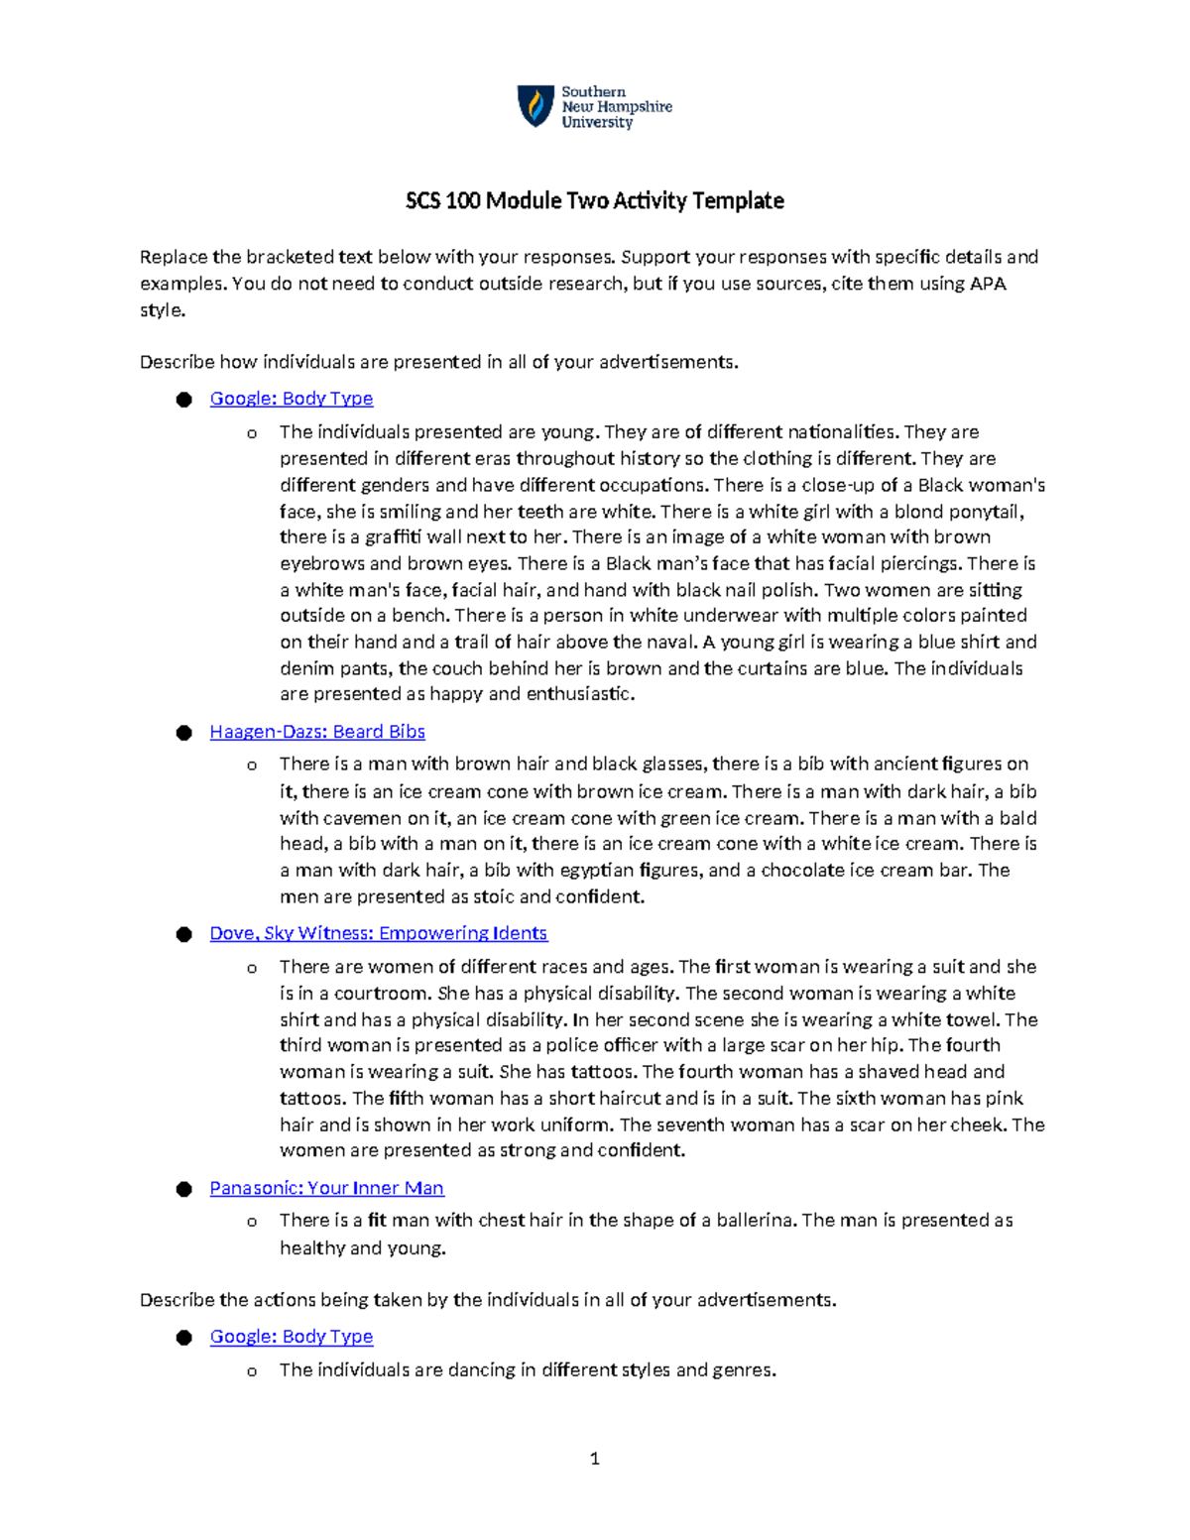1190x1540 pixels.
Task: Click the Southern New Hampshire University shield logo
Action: [x=535, y=106]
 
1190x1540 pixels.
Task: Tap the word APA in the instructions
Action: [x=987, y=284]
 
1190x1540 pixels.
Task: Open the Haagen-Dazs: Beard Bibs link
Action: [x=317, y=732]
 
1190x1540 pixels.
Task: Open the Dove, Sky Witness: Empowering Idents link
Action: [x=378, y=933]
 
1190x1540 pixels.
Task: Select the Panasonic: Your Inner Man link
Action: [x=326, y=1188]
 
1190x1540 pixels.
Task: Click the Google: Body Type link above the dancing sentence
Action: [x=292, y=1337]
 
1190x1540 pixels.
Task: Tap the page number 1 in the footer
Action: [x=594, y=1459]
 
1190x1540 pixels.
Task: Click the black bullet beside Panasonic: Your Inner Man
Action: [x=183, y=1189]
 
